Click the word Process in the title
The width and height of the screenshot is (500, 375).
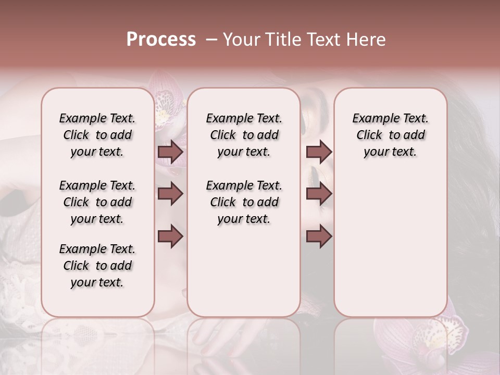pyautogui.click(x=161, y=40)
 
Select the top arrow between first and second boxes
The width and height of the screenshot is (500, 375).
pyautogui.click(x=170, y=152)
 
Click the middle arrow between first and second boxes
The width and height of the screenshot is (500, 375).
pyautogui.click(x=170, y=194)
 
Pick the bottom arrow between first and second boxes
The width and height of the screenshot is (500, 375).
pyautogui.click(x=170, y=236)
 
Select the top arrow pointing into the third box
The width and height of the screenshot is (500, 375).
pyautogui.click(x=319, y=152)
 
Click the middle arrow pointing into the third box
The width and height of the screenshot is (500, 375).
pyautogui.click(x=319, y=194)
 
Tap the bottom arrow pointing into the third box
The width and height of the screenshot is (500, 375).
pyautogui.click(x=319, y=236)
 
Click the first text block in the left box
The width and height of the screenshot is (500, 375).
pyautogui.click(x=97, y=135)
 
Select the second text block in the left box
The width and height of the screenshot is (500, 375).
pyautogui.click(x=97, y=202)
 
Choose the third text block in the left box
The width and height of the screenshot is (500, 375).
pyautogui.click(x=97, y=266)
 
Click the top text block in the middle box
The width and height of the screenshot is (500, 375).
pyautogui.click(x=244, y=135)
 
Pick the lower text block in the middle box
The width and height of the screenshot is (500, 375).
pyautogui.click(x=244, y=202)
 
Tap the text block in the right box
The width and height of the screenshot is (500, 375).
pyautogui.click(x=390, y=135)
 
